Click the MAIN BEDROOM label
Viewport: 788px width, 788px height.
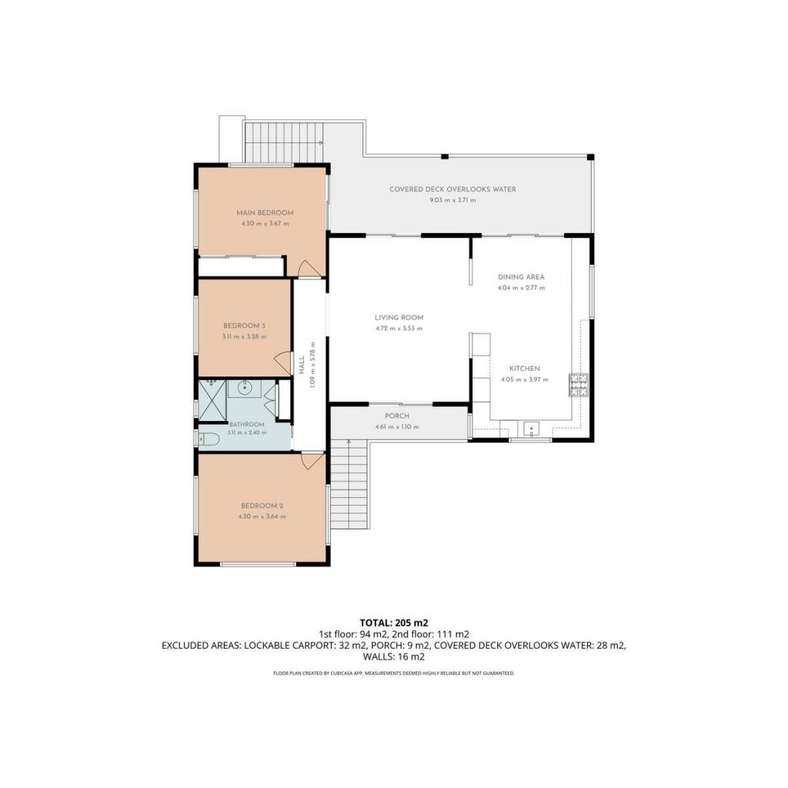[265, 212]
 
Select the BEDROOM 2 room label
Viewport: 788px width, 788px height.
[262, 506]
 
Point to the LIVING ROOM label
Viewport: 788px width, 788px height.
[399, 318]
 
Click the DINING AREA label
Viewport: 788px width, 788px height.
[521, 277]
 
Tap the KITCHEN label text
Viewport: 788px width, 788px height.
[525, 369]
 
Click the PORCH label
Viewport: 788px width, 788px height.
[397, 416]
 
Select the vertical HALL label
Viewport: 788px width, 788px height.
[302, 365]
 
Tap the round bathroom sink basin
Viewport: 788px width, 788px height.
[245, 388]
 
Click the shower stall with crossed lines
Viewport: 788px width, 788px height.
[212, 400]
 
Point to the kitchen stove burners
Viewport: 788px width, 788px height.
[579, 385]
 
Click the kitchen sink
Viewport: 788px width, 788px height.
[531, 429]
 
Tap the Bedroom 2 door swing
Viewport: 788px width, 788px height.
[312, 461]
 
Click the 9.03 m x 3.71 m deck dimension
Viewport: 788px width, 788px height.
[452, 200]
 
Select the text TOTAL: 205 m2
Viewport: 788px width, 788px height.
[394, 623]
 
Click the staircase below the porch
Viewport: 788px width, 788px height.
[349, 485]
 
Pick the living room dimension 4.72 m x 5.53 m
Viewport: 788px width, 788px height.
[399, 329]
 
